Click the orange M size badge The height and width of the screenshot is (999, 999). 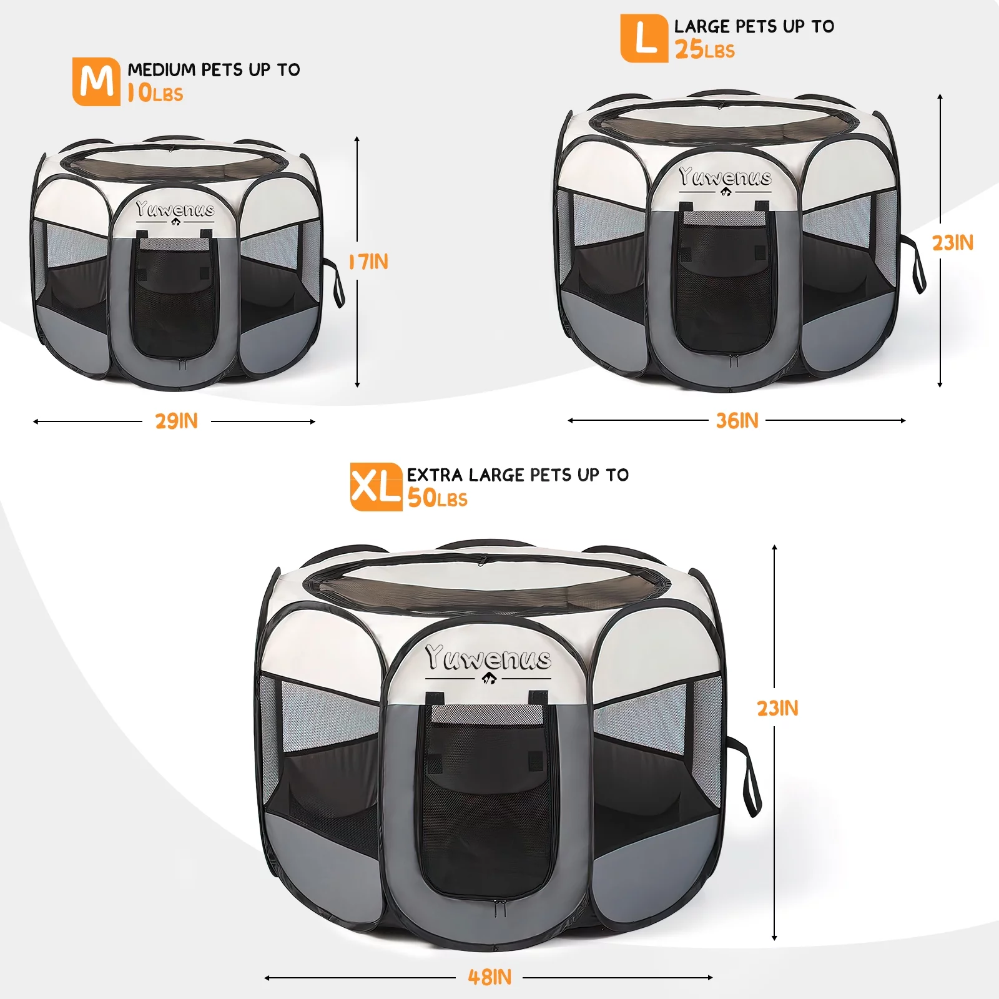[x=96, y=82]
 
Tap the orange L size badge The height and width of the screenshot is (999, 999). [x=644, y=39]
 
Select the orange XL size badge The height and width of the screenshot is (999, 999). [x=376, y=487]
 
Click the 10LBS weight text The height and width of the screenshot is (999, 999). [x=155, y=94]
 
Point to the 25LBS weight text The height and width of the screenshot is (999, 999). [x=705, y=50]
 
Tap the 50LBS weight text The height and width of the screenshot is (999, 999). [x=438, y=498]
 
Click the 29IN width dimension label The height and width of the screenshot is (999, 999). [x=177, y=421]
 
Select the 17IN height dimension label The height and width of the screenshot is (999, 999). [x=369, y=262]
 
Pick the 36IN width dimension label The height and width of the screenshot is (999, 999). [x=737, y=420]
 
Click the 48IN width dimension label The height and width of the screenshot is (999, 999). [x=490, y=977]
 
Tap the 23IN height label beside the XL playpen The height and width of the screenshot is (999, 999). [x=777, y=708]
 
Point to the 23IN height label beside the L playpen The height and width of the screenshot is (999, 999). [x=953, y=242]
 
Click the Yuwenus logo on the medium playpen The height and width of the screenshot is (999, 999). [x=175, y=209]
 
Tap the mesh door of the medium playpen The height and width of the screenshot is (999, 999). [x=175, y=300]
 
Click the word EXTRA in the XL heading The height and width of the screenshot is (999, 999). [x=435, y=475]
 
